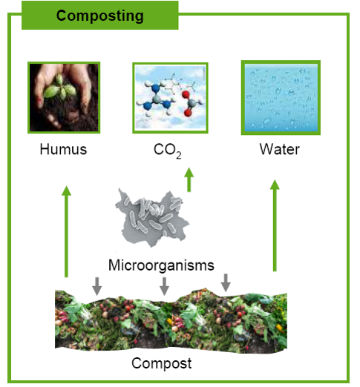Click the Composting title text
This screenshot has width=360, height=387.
100,16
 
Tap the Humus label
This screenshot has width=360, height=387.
64,149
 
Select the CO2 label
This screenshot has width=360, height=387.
168,150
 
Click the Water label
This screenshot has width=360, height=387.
280,149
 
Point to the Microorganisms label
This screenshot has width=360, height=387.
161,265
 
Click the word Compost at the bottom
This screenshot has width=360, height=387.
162,363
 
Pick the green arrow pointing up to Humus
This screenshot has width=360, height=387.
66,231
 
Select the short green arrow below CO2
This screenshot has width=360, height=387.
189,179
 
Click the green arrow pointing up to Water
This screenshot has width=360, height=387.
275,225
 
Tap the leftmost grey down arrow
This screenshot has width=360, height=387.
96,286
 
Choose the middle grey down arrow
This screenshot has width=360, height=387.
164,286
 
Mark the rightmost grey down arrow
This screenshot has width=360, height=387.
226,282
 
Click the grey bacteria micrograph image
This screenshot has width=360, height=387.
151,218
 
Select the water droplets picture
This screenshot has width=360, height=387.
281,98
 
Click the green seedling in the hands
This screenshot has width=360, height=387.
60,88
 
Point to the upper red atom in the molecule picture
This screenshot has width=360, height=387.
186,94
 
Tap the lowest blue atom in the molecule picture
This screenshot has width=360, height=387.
148,106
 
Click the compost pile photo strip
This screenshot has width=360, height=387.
171,320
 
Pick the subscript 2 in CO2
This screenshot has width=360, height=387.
179,155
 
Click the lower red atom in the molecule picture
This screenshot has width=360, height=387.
188,113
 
